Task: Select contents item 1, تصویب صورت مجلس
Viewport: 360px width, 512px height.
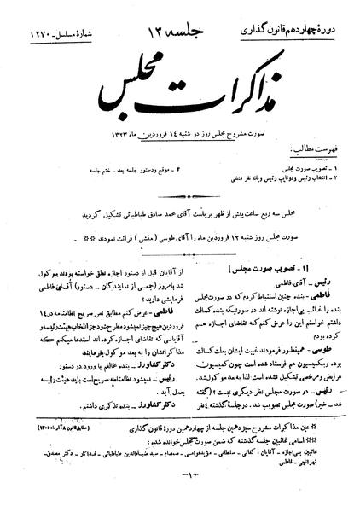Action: [303, 138]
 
